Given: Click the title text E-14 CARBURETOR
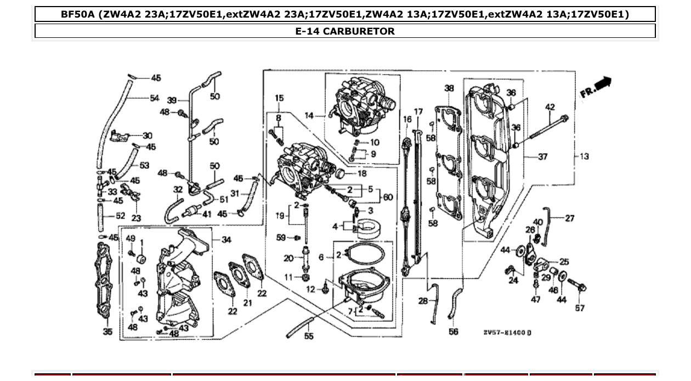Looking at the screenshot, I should click(345, 31).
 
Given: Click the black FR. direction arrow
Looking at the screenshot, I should click(602, 84).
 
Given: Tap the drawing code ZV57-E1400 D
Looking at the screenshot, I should click(507, 333).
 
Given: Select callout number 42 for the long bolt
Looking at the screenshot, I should click(550, 108).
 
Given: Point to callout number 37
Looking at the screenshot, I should click(542, 157).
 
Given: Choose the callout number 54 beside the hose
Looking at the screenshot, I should click(155, 98).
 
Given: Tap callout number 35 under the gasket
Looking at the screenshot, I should click(108, 332).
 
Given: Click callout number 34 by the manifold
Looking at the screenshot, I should click(226, 240).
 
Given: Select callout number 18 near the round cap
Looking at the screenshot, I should click(361, 173).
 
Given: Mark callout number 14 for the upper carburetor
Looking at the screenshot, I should click(309, 116).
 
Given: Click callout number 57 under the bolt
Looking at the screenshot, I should click(580, 308).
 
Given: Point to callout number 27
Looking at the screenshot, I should click(569, 218).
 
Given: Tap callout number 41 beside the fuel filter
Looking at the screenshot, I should click(206, 214).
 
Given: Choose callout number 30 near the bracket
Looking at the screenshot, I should click(148, 136).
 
